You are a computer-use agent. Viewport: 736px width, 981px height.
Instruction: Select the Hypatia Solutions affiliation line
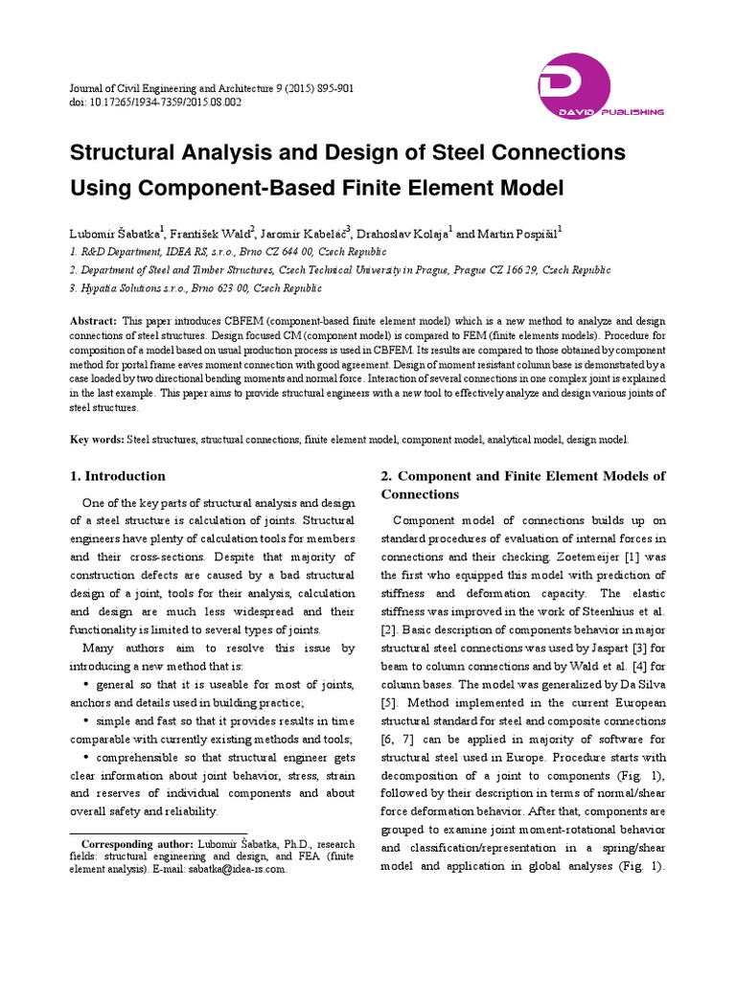[x=196, y=287]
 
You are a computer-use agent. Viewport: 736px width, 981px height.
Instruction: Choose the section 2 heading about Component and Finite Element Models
[x=522, y=485]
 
